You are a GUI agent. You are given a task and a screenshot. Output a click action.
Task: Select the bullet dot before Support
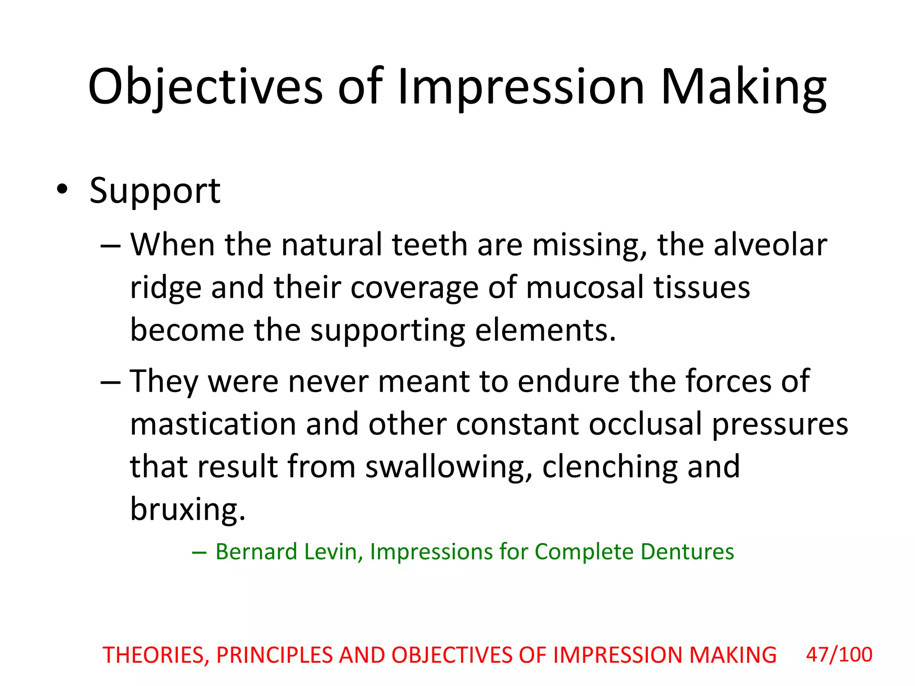62,190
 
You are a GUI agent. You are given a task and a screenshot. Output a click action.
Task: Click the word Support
155,191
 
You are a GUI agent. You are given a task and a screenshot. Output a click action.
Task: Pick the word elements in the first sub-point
545,330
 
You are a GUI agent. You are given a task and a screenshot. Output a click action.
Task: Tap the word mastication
213,424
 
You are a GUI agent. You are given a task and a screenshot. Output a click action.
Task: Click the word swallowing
449,467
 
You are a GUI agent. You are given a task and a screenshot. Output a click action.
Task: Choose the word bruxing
188,509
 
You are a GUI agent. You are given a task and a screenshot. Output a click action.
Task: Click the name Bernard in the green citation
256,552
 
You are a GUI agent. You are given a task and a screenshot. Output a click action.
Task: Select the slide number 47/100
839,655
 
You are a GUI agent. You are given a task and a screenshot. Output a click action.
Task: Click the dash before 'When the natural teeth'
110,246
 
